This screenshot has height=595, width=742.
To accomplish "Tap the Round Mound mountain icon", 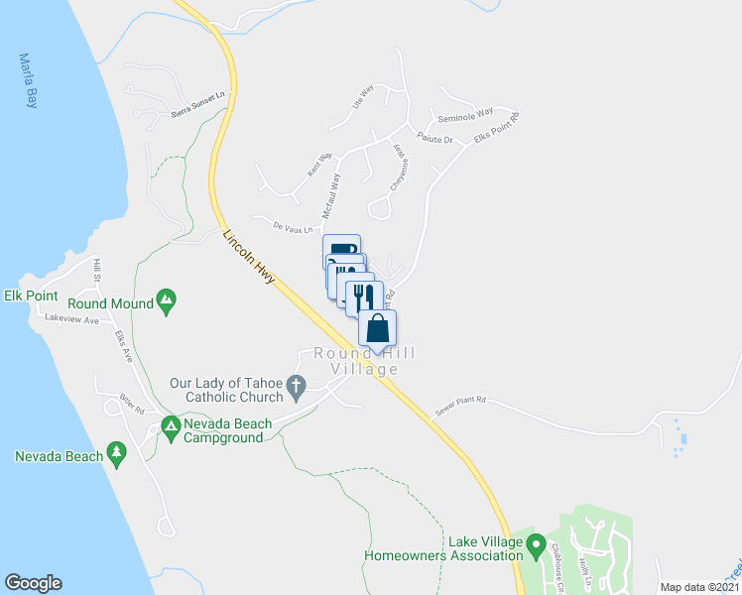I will [x=167, y=300].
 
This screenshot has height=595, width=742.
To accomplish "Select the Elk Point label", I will [x=31, y=297].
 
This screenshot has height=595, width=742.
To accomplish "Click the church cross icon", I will [x=295, y=384].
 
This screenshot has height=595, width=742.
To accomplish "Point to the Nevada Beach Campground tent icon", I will [x=170, y=426].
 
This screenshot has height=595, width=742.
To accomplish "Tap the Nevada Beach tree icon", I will [x=117, y=454].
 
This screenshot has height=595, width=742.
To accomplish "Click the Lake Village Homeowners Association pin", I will [x=537, y=543].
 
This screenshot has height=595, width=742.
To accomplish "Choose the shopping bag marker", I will [x=377, y=328].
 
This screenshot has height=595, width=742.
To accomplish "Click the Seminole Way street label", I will [x=473, y=113].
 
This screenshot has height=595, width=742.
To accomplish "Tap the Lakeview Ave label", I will [x=71, y=320].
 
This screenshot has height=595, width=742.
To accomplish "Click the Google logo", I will [x=34, y=582].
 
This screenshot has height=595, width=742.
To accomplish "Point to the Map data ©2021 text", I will [x=699, y=587].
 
